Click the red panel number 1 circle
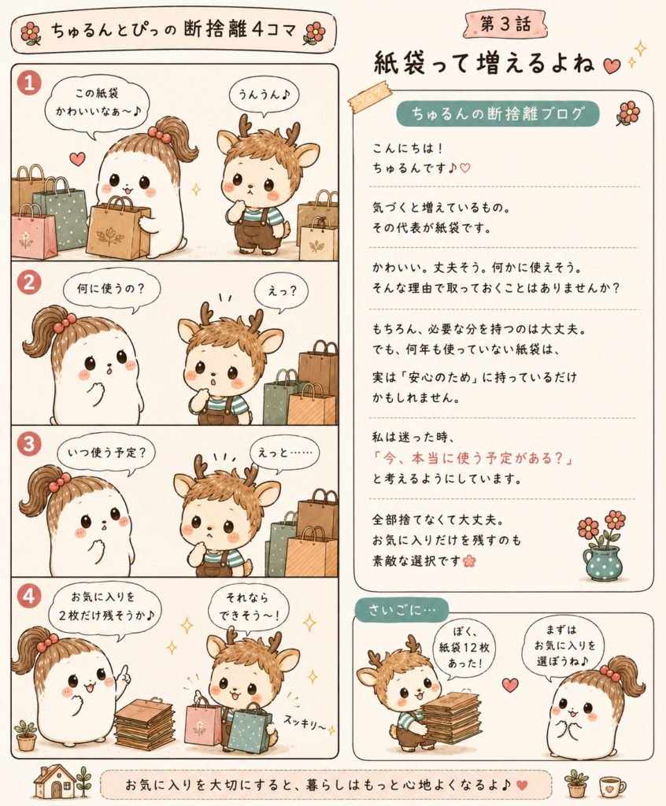point(29,82)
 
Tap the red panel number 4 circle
point(29,597)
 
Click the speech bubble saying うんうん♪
point(264,95)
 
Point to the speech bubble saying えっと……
point(284,453)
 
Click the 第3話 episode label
point(505,24)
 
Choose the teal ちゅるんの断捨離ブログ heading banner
point(498,113)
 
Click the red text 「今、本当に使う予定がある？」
point(474,457)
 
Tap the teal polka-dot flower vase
point(602,564)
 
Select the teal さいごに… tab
point(401,610)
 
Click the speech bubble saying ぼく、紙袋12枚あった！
point(464,649)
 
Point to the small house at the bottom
point(54,781)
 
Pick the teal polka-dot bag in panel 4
point(250,727)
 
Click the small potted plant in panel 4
point(26,735)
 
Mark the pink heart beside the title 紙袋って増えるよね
point(612,66)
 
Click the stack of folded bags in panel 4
point(145,723)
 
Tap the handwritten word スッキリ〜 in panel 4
point(305,723)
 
